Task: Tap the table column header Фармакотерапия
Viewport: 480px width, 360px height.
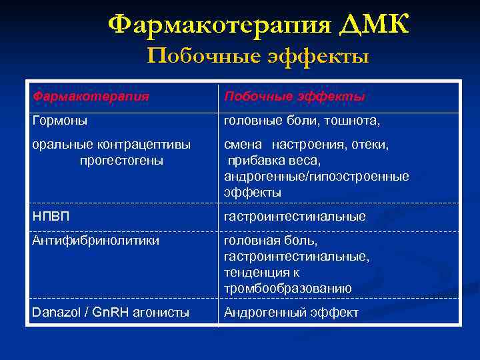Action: coord(91,97)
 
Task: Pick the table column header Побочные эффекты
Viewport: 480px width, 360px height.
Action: coord(294,97)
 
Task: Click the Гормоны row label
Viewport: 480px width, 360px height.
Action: coord(60,121)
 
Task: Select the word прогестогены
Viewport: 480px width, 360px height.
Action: coord(121,161)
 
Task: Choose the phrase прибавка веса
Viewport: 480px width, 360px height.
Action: coord(274,161)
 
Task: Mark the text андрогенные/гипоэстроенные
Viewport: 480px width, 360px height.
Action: coord(317,177)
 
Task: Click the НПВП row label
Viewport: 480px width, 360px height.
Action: coord(51,217)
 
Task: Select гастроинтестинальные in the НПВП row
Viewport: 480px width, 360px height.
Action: coord(294,217)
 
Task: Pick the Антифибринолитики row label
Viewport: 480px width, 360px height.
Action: coord(96,241)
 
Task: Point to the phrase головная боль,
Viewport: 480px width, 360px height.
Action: coord(271,241)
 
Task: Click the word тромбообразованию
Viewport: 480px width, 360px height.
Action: coord(287,289)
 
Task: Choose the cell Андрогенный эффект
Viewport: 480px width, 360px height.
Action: coord(291,312)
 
